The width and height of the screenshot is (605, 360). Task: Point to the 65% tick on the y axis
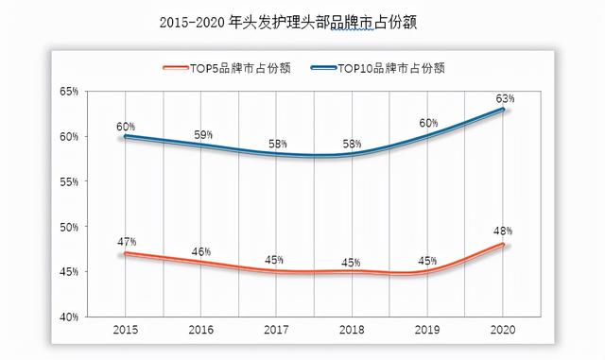(68, 92)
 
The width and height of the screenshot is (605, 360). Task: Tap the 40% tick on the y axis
(68, 317)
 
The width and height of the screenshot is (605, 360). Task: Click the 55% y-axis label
(68, 181)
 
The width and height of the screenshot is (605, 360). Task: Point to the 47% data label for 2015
(126, 242)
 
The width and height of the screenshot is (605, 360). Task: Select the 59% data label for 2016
(200, 135)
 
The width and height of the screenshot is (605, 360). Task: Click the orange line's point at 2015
(126, 253)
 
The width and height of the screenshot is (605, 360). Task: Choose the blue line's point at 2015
(126, 136)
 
